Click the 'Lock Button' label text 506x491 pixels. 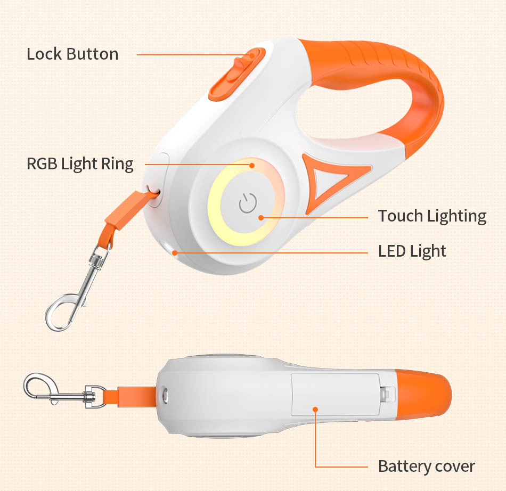[x=72, y=54]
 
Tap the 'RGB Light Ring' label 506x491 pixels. [x=80, y=164]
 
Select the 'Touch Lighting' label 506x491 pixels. [x=432, y=216]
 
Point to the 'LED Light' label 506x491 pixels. [x=412, y=251]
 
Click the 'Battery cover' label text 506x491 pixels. [x=426, y=467]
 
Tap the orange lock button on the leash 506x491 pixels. [x=237, y=73]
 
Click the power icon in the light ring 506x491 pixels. [x=248, y=203]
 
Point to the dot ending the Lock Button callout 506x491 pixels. [x=252, y=55]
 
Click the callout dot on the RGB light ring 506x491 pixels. [x=252, y=165]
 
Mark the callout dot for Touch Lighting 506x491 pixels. [x=261, y=218]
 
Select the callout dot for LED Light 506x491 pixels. [x=175, y=252]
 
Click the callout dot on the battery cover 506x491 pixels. [x=315, y=410]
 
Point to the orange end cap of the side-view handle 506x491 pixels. [x=423, y=395]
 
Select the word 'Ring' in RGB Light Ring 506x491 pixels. [x=117, y=164]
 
